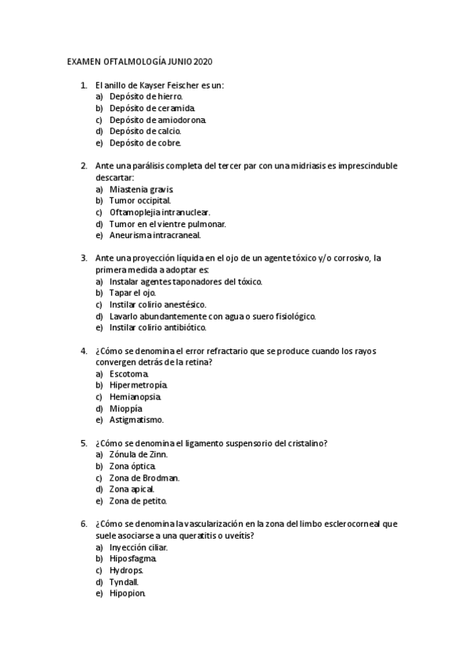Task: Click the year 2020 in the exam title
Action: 202,61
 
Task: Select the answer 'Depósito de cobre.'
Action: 146,143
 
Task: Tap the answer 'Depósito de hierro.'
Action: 146,96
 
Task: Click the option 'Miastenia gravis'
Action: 142,189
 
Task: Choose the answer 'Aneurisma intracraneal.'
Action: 155,235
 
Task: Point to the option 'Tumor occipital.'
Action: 140,200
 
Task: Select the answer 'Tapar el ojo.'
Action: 133,293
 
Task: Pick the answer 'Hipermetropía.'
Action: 139,385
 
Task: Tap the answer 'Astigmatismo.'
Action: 136,420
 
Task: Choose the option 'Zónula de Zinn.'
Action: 139,454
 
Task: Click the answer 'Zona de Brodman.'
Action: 145,478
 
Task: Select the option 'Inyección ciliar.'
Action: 139,547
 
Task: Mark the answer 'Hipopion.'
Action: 128,593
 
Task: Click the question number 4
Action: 83,351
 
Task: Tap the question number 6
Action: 83,524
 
